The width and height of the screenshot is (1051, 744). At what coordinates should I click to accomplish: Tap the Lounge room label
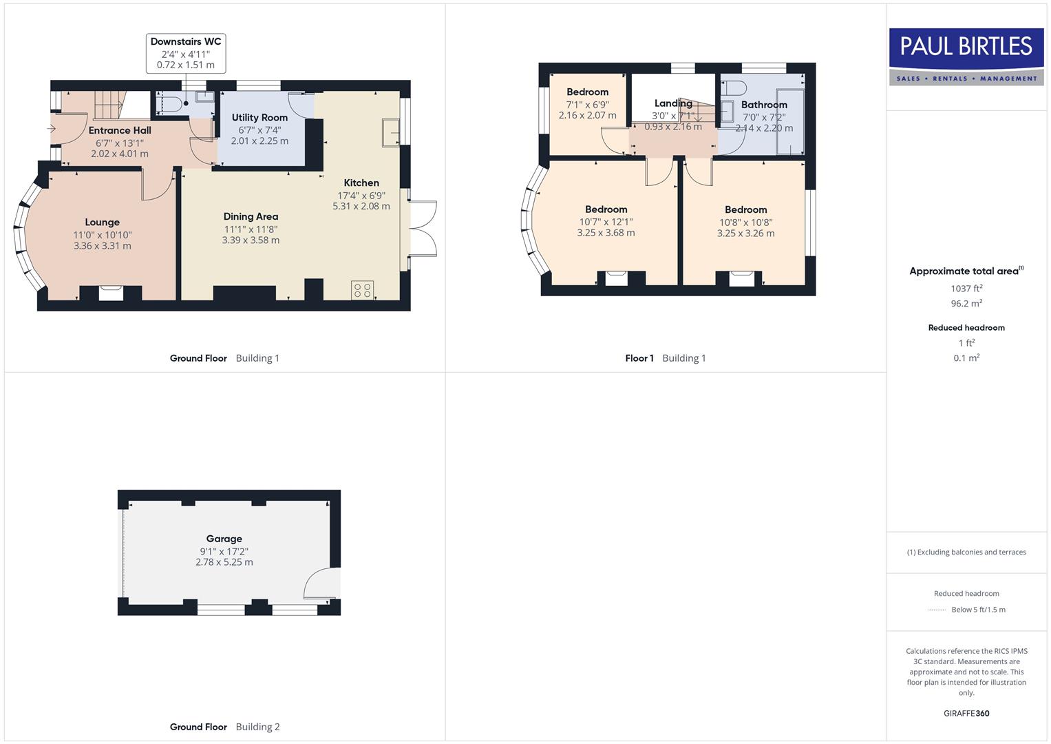(102, 223)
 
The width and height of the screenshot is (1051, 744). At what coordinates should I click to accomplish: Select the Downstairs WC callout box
(186, 53)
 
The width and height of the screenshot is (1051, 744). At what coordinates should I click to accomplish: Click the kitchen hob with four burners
(362, 290)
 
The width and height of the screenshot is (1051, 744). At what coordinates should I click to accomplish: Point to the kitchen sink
(391, 132)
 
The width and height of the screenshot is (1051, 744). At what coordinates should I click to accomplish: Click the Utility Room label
(259, 118)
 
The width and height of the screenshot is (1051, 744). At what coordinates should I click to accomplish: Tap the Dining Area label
(251, 216)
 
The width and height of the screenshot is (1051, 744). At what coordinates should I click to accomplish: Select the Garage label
(224, 539)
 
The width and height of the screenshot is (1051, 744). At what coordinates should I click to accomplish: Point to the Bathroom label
(764, 105)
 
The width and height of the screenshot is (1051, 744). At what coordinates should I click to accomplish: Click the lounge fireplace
(111, 293)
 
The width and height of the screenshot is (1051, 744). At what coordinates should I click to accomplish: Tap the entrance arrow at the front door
(52, 128)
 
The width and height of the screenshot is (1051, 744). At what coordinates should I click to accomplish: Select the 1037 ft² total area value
(966, 289)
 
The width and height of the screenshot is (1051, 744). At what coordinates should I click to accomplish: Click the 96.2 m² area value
(966, 303)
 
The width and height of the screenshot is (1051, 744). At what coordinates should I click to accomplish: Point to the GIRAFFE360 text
(966, 713)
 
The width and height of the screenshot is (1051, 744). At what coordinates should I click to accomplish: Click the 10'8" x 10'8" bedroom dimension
(745, 222)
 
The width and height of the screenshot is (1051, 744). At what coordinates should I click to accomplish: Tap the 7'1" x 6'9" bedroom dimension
(587, 104)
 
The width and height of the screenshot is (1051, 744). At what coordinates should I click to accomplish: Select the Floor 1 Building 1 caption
(665, 358)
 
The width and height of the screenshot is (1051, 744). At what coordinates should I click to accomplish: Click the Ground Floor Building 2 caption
(224, 727)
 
